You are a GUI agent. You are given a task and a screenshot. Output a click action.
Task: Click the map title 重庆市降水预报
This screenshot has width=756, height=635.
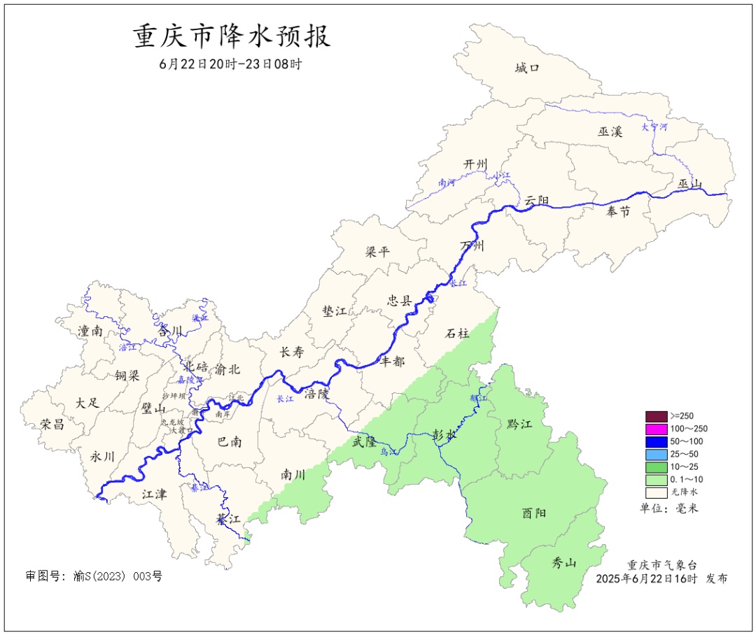pyautogui.click(x=232, y=37)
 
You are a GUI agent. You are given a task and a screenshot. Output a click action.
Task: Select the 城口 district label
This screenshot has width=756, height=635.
pyautogui.click(x=527, y=68)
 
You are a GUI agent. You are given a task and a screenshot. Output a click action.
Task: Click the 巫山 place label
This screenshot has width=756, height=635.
pyautogui.click(x=689, y=184)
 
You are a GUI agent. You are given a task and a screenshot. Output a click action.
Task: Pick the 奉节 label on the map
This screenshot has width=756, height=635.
pyautogui.click(x=618, y=212)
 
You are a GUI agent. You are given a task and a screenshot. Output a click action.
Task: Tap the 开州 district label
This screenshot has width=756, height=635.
pyautogui.click(x=475, y=164)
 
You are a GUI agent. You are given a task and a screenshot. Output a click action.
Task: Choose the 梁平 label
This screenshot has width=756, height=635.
pyautogui.click(x=377, y=252)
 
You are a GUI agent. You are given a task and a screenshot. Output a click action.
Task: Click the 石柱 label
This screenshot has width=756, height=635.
pyautogui.click(x=458, y=334)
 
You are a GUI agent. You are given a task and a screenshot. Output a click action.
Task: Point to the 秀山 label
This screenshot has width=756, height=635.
pyautogui.click(x=564, y=562)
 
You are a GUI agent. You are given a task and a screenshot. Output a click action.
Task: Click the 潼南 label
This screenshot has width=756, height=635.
pyautogui.click(x=90, y=331)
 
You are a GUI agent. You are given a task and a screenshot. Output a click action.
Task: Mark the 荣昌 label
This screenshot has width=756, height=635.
pyautogui.click(x=52, y=424)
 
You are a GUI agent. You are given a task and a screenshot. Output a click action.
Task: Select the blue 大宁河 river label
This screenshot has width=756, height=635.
pyautogui.click(x=654, y=127)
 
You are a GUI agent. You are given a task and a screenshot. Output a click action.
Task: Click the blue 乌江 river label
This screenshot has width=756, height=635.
pyautogui.click(x=388, y=452)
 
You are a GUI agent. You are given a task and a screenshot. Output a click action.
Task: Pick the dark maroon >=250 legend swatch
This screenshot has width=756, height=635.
pyautogui.click(x=656, y=416)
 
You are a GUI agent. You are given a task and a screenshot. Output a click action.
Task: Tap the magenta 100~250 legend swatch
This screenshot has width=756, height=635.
pyautogui.click(x=656, y=429)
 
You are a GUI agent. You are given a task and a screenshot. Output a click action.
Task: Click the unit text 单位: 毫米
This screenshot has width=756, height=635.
pyautogui.click(x=668, y=508)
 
